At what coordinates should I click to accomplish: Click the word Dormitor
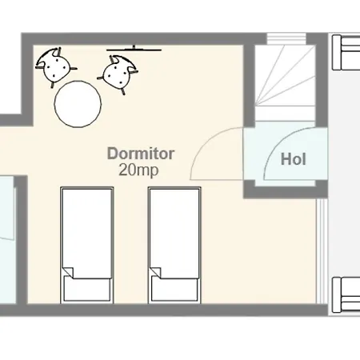click(141, 154)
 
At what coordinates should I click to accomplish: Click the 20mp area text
click(138, 170)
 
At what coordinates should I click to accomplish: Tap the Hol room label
click(293, 159)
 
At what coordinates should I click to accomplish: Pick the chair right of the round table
click(118, 74)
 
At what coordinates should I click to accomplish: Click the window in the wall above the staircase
click(286, 38)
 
